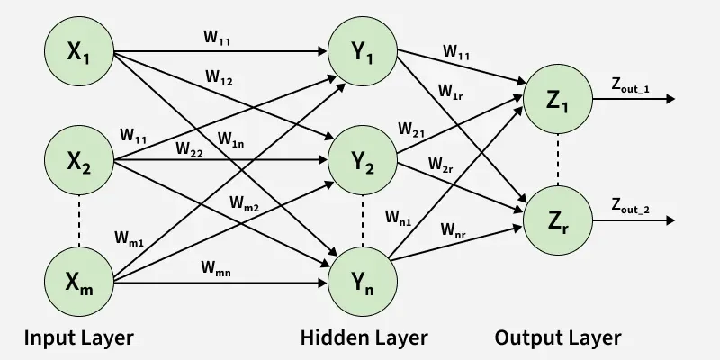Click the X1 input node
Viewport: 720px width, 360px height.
pyautogui.click(x=79, y=51)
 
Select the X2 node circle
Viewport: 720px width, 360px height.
pyautogui.click(x=79, y=160)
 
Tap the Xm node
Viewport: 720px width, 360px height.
pyautogui.click(x=79, y=282)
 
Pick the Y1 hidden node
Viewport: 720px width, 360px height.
pyautogui.click(x=363, y=51)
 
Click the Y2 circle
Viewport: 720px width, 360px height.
pyautogui.click(x=363, y=160)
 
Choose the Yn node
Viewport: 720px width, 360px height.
pyautogui.click(x=363, y=282)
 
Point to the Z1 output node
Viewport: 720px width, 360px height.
pyautogui.click(x=558, y=99)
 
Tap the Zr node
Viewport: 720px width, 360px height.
pyautogui.click(x=558, y=220)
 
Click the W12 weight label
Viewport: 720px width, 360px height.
pyautogui.click(x=219, y=77)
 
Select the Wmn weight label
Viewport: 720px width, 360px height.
pyautogui.click(x=216, y=268)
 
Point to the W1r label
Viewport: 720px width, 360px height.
pyautogui.click(x=452, y=92)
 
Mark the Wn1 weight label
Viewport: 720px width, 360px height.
pyautogui.click(x=399, y=217)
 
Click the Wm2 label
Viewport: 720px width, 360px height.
pyautogui.click(x=245, y=203)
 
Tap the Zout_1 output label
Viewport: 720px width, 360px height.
pyautogui.click(x=630, y=85)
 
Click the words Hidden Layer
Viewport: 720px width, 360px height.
pyautogui.click(x=364, y=338)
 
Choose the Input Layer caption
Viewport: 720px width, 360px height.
pyautogui.click(x=79, y=338)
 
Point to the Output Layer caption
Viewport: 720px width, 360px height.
pyautogui.click(x=558, y=338)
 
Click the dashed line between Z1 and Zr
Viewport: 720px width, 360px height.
pyautogui.click(x=558, y=160)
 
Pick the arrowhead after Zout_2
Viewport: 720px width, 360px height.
pyautogui.click(x=670, y=220)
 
